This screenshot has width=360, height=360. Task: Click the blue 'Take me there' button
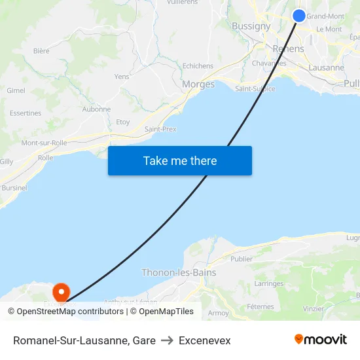(x=180, y=160)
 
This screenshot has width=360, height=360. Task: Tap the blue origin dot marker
(x=298, y=16)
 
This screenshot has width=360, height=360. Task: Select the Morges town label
(x=198, y=84)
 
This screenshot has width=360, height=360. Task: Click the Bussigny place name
(x=251, y=26)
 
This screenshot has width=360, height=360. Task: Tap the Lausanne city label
(x=326, y=67)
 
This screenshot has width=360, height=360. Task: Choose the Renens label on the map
(x=288, y=49)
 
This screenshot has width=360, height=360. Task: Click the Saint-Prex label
(x=160, y=129)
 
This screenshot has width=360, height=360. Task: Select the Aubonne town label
(x=97, y=109)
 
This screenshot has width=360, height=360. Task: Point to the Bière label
(x=41, y=50)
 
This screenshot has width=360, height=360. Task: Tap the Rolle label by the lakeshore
(x=45, y=158)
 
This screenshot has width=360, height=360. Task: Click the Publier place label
(x=242, y=259)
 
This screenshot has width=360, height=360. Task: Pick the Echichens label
(x=198, y=66)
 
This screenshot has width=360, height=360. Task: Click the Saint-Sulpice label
(x=255, y=88)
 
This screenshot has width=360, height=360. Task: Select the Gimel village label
(x=16, y=90)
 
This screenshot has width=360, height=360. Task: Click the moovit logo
(x=320, y=339)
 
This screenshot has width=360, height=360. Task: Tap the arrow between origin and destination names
(x=167, y=340)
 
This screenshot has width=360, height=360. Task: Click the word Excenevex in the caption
(x=204, y=340)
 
